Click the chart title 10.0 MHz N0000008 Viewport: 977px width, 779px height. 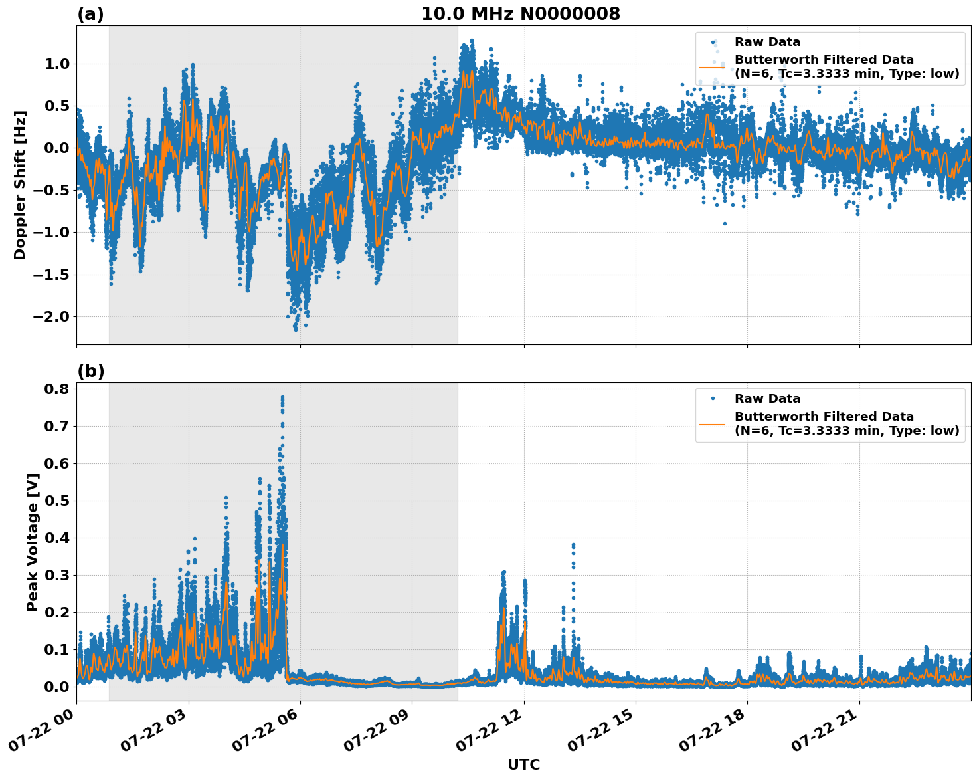click(x=520, y=14)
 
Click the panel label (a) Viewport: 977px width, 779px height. click(x=90, y=14)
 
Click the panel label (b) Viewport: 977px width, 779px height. click(x=90, y=371)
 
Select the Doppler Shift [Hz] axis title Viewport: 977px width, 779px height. click(x=20, y=185)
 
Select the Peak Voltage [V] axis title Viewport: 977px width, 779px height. click(x=32, y=542)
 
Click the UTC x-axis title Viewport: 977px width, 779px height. click(x=523, y=764)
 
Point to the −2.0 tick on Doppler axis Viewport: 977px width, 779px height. click(x=50, y=316)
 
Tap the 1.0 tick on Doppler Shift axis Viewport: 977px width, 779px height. click(x=57, y=64)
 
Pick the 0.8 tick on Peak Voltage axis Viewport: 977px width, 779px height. click(x=57, y=389)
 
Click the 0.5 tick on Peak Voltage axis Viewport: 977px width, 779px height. click(x=57, y=501)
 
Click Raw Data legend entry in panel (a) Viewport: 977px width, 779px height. click(x=767, y=42)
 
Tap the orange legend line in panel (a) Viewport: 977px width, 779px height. click(x=713, y=67)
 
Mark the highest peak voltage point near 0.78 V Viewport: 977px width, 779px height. click(x=282, y=397)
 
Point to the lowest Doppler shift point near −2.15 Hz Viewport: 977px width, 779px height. click(x=296, y=329)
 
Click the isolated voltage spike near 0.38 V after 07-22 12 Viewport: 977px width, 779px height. click(x=573, y=545)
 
